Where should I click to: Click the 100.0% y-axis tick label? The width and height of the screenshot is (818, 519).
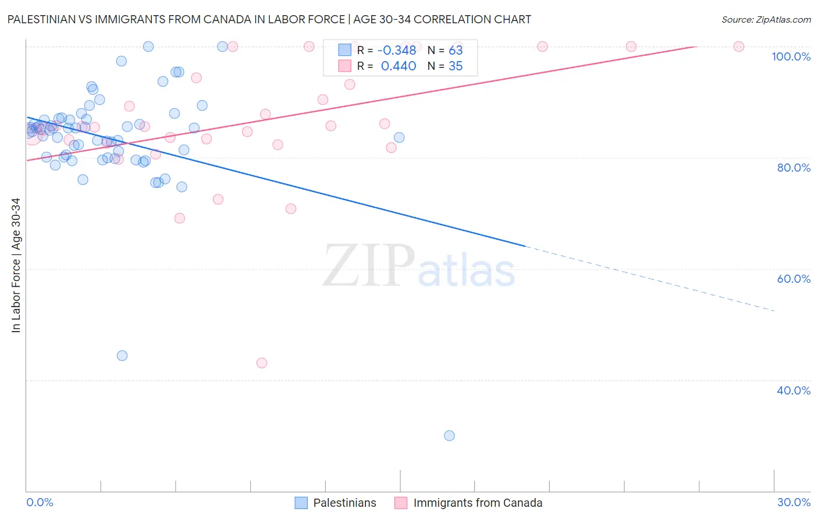pyautogui.click(x=791, y=56)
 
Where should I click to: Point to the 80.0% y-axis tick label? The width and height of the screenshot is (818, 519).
pyautogui.click(x=793, y=168)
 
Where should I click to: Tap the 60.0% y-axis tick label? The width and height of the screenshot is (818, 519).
pyautogui.click(x=793, y=279)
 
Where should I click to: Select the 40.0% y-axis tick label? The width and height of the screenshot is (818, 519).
pyautogui.click(x=793, y=390)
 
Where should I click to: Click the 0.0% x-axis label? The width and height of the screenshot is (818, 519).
pyautogui.click(x=40, y=502)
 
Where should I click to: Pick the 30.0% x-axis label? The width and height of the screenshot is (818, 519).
pyautogui.click(x=794, y=502)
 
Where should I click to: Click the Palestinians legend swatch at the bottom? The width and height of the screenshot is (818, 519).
pyautogui.click(x=301, y=503)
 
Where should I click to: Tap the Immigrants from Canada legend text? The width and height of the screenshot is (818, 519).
pyautogui.click(x=478, y=503)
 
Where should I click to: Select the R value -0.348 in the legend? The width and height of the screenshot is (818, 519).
pyautogui.click(x=397, y=50)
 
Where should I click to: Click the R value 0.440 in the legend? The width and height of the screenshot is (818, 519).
pyautogui.click(x=398, y=66)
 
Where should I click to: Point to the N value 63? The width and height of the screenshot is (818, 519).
pyautogui.click(x=456, y=50)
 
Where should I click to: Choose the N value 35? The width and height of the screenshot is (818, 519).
pyautogui.click(x=456, y=66)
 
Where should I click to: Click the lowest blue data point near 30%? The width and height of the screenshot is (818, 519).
pyautogui.click(x=449, y=435)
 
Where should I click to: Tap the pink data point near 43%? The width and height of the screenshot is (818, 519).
pyautogui.click(x=262, y=363)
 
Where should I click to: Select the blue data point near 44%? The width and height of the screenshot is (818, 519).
pyautogui.click(x=122, y=356)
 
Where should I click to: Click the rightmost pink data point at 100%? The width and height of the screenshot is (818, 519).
pyautogui.click(x=739, y=47)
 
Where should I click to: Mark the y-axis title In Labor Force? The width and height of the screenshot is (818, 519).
pyautogui.click(x=16, y=265)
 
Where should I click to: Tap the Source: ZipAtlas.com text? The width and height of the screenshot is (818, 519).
pyautogui.click(x=766, y=19)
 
